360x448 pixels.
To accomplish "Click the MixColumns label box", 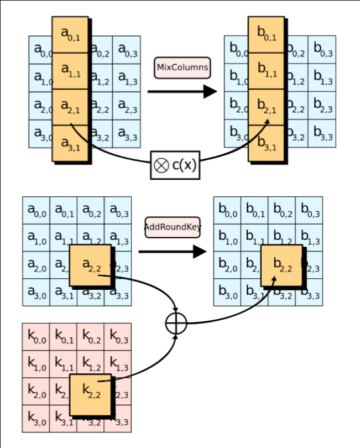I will pyautogui.click(x=182, y=67).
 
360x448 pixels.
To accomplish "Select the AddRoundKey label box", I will pyautogui.click(x=173, y=227).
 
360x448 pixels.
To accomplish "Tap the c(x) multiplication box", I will pyautogui.click(x=175, y=165).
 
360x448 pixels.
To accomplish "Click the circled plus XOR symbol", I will pyautogui.click(x=176, y=323).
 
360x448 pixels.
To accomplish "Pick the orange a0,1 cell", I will pyautogui.click(x=70, y=35).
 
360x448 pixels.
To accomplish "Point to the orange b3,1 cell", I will pyautogui.click(x=266, y=143).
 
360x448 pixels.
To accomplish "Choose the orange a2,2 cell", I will pyautogui.click(x=90, y=265).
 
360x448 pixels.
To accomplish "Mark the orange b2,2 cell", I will pyautogui.click(x=281, y=265).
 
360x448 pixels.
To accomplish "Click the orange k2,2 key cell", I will pyautogui.click(x=90, y=394).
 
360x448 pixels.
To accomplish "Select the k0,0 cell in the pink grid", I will pyautogui.click(x=36, y=336).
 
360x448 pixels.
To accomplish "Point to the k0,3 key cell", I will pyautogui.click(x=118, y=336).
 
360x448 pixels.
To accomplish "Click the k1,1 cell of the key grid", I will pyautogui.click(x=63, y=363).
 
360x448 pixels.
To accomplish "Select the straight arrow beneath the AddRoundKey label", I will pyautogui.click(x=172, y=252).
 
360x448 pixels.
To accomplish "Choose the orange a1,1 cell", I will pyautogui.click(x=70, y=71).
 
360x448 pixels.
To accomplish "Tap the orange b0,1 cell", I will pyautogui.click(x=266, y=35).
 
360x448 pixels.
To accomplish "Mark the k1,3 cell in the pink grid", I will pyautogui.click(x=118, y=363).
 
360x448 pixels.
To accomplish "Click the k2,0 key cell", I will pyautogui.click(x=36, y=391).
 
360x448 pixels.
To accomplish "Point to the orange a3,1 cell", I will pyautogui.click(x=70, y=143).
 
